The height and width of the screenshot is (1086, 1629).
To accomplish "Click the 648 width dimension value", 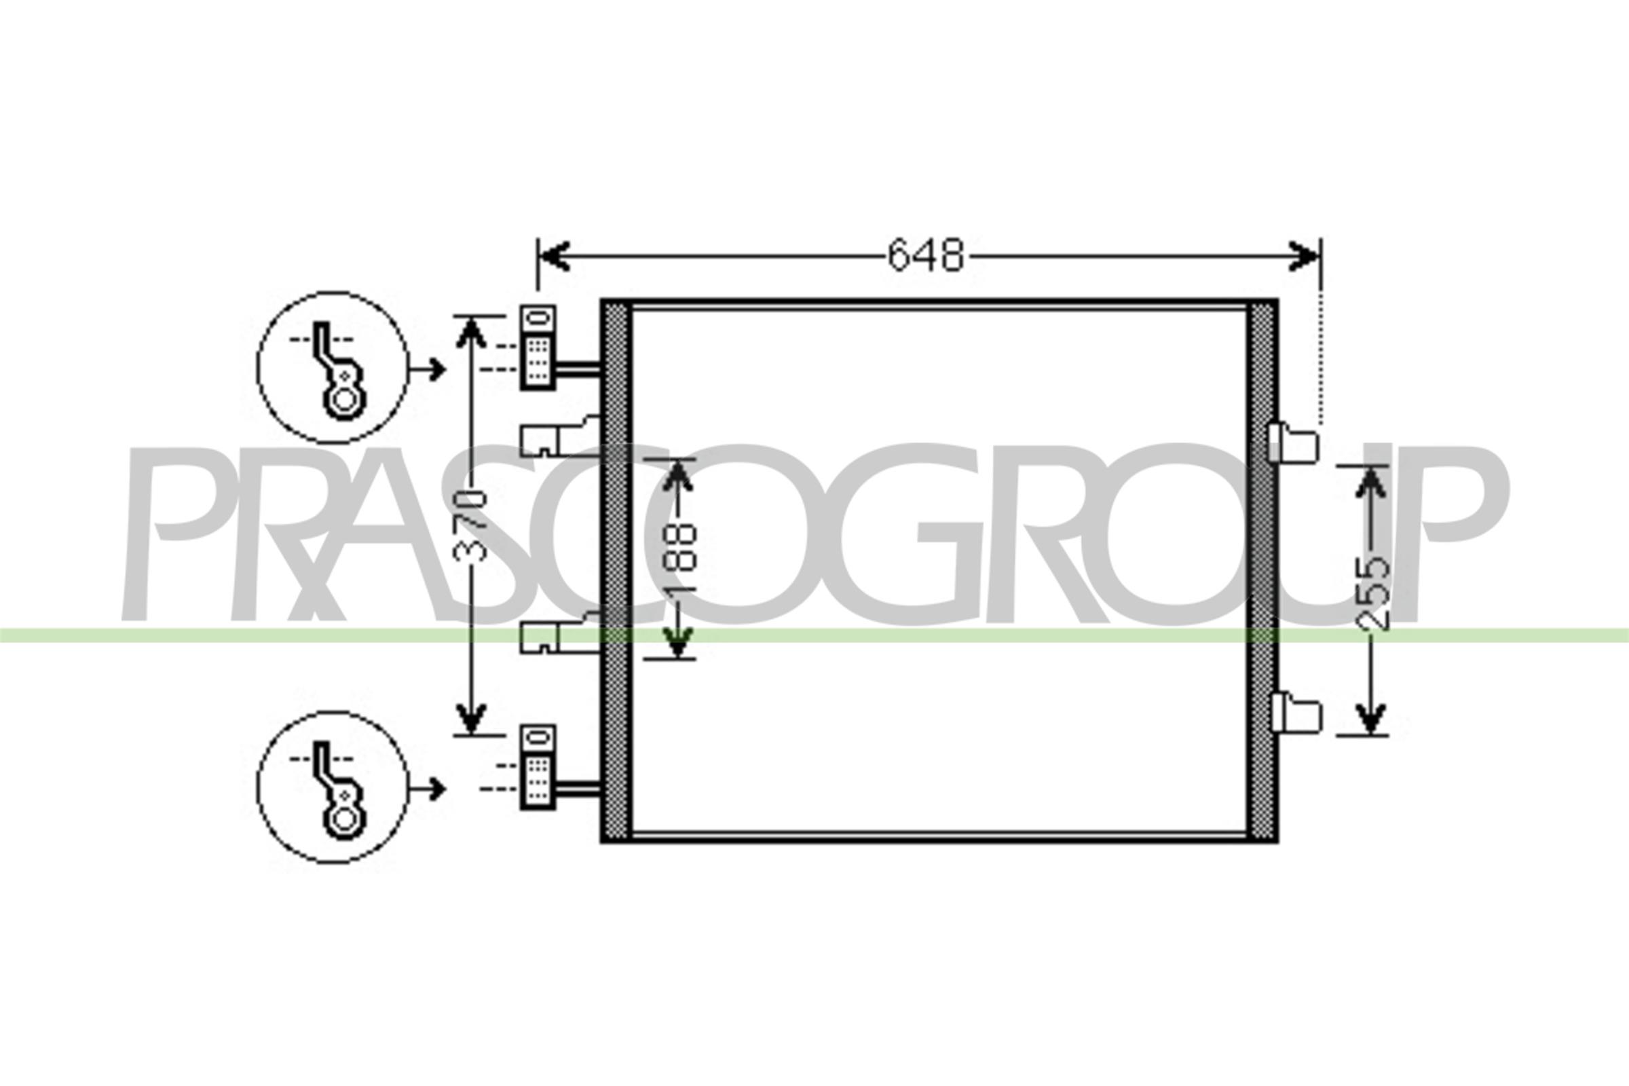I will click(x=925, y=256).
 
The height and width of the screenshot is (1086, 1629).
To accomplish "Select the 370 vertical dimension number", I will click(x=470, y=524).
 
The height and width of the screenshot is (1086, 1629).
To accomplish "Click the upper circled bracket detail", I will click(x=333, y=367).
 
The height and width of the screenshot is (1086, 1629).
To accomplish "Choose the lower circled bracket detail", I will click(x=333, y=787).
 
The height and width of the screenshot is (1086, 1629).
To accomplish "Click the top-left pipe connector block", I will click(x=538, y=347).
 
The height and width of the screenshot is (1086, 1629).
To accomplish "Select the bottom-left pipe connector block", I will click(x=538, y=768).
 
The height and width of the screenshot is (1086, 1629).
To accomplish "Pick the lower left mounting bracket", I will click(x=558, y=634).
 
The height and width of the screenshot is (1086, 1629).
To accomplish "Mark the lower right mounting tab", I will click(x=1296, y=713).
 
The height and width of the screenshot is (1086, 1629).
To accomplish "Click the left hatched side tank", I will click(x=616, y=571).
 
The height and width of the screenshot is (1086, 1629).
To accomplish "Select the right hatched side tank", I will click(x=1262, y=571).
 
